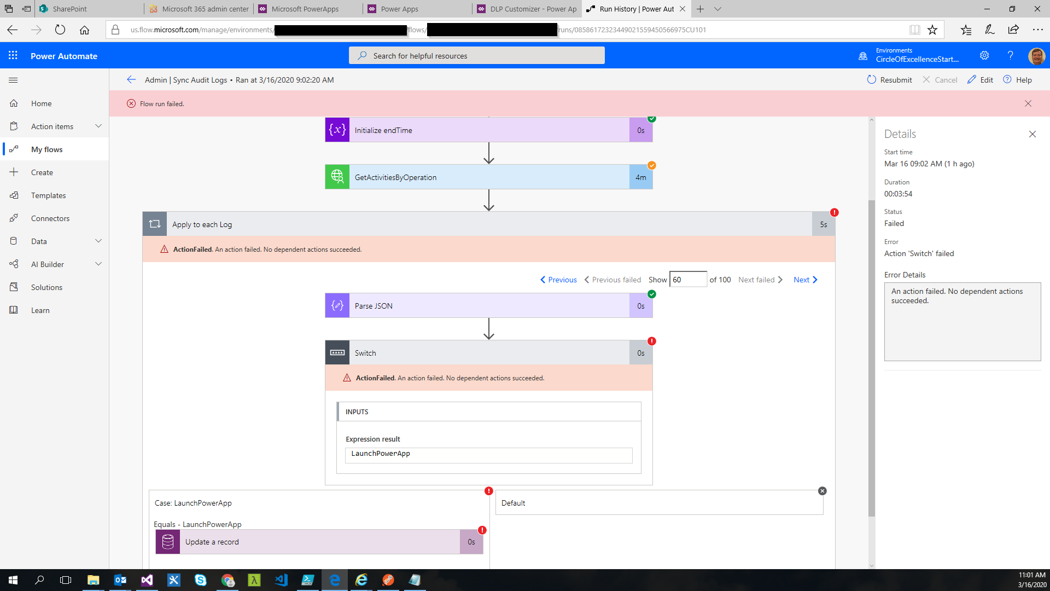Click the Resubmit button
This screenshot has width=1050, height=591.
(889, 80)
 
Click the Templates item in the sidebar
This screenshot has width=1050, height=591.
(48, 195)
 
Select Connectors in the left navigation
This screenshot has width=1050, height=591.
(50, 218)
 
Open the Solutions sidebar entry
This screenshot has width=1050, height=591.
(46, 287)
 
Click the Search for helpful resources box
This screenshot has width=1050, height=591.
(476, 56)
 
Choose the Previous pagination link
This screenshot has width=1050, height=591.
(558, 280)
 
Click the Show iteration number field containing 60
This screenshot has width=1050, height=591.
(688, 280)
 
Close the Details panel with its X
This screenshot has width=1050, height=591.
(1032, 134)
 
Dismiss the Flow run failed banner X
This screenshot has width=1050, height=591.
(1028, 103)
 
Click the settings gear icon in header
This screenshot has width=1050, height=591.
(984, 55)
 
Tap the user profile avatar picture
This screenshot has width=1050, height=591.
(1036, 55)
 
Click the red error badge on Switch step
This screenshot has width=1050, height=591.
(651, 341)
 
